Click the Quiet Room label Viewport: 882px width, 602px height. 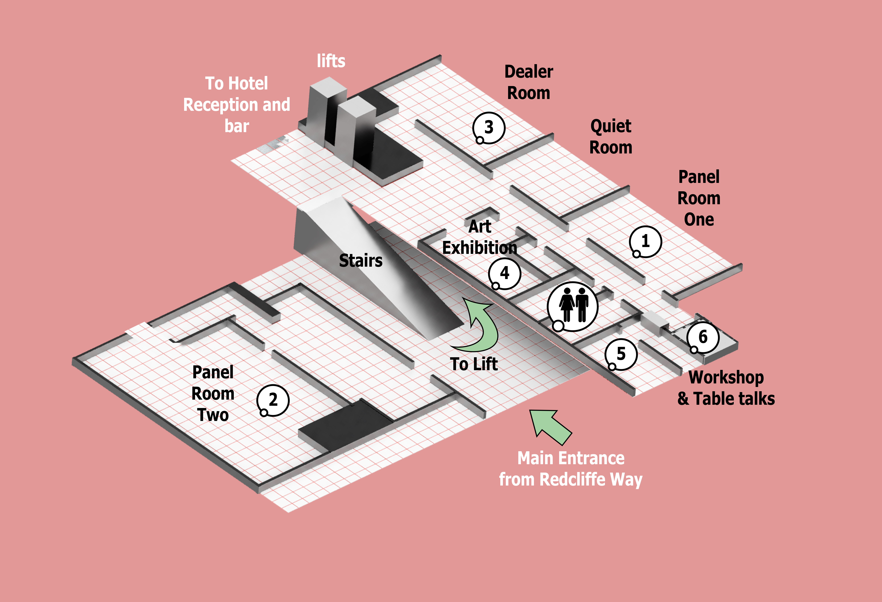point(611,137)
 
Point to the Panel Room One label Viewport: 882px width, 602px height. point(699,198)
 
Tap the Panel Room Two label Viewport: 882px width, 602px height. point(213,394)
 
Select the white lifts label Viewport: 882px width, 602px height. point(331,61)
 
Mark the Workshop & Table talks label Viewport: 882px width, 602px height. point(726,388)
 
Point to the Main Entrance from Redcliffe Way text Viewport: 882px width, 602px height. point(570,469)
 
